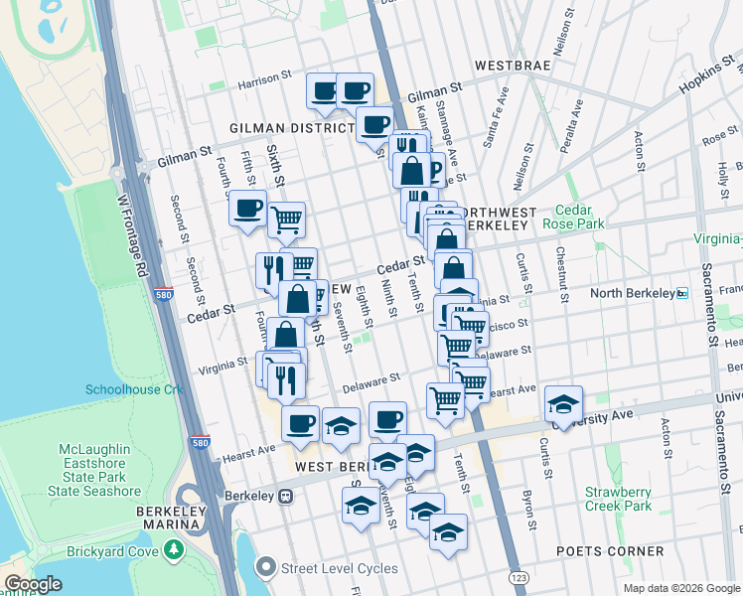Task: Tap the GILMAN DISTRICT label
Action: pos(291,128)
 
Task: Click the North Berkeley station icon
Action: pos(682,293)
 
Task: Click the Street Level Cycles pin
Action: pos(265,568)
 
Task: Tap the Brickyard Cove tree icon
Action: pos(175,549)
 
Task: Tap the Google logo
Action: pos(33,584)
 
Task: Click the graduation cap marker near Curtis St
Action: pos(563,403)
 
